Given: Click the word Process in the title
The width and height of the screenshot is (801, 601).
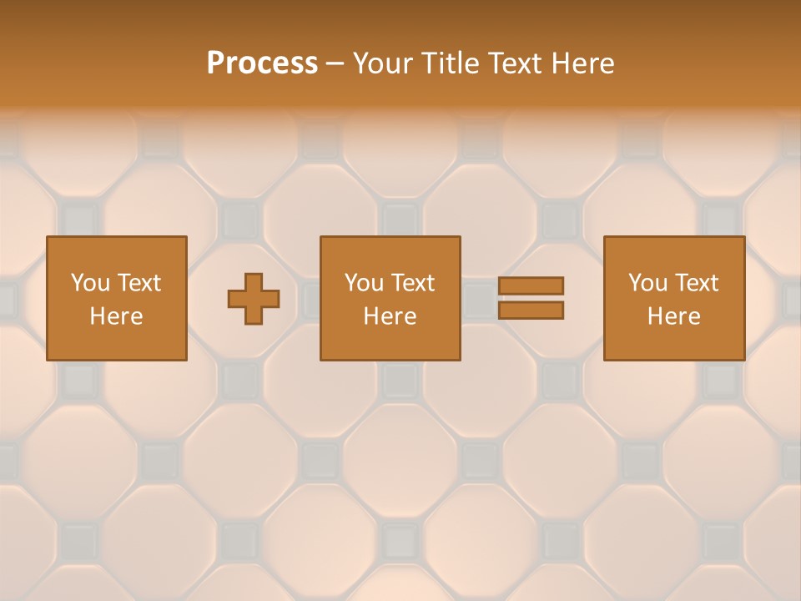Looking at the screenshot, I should coord(262,63).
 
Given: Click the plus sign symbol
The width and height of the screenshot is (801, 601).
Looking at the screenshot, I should coord(254,299).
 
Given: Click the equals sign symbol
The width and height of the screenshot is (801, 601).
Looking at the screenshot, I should coord(531,298).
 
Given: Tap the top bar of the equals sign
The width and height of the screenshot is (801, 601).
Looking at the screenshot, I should coord(531,286).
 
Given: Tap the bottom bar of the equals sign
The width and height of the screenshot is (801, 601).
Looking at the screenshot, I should coord(531,311).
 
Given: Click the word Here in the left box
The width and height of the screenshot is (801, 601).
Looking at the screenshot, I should coord(116,316).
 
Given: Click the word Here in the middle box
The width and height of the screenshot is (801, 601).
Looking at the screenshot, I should coord(390,316).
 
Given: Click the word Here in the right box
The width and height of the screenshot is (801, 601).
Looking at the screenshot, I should coord(673,316).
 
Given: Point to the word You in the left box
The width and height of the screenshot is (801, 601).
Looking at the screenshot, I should coord(89,283).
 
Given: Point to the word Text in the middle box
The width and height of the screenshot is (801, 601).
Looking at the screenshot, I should coord(413,283).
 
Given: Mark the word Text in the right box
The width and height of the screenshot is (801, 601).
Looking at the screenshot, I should coord(697,283).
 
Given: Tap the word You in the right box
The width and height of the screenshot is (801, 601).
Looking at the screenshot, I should coord(647,283).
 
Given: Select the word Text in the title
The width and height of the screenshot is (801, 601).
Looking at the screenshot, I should coord(511,63).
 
